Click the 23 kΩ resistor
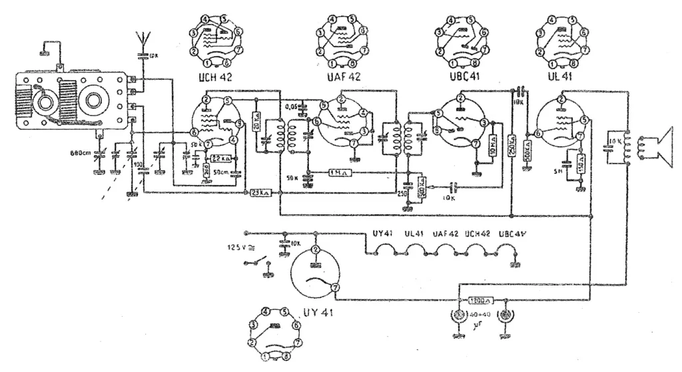(x=260, y=193)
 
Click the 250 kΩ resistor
(x=511, y=146)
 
